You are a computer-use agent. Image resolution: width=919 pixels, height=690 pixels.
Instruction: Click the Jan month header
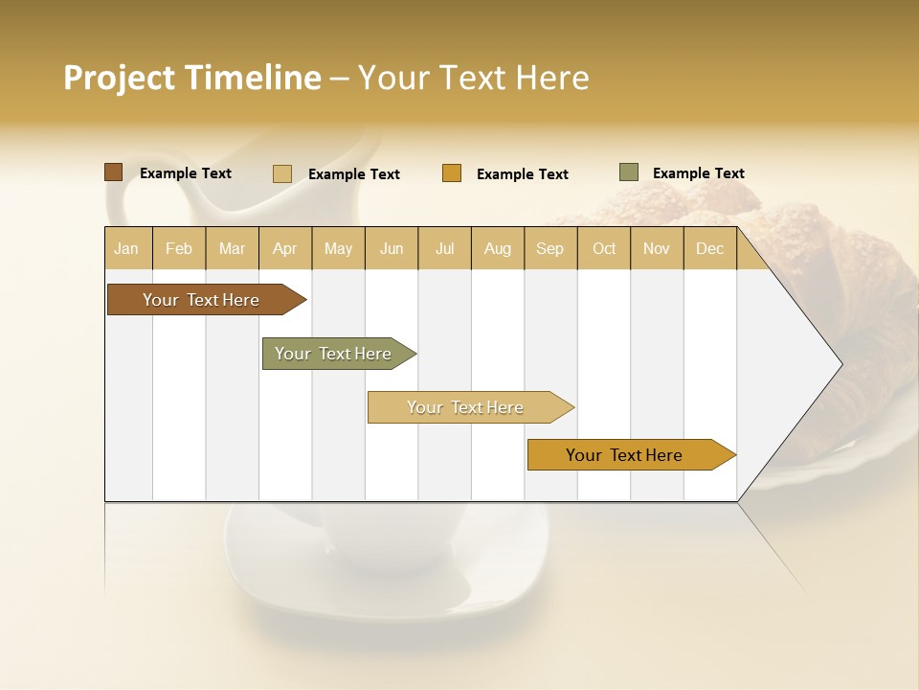[x=126, y=248]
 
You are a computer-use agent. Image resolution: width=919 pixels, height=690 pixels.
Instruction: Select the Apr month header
[x=285, y=248]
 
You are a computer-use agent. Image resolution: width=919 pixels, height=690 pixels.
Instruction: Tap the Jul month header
[x=444, y=248]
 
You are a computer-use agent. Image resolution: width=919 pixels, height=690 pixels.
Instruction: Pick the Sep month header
[x=549, y=248]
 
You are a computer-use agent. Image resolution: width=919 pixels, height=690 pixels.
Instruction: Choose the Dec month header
[x=709, y=248]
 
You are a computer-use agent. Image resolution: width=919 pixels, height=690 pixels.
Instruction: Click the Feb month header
[x=179, y=248]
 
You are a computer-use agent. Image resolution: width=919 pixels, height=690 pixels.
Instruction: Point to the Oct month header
[x=604, y=248]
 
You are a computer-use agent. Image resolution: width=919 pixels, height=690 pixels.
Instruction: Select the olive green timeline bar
[x=334, y=354]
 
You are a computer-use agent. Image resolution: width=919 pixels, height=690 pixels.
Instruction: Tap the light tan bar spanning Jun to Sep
[x=466, y=407]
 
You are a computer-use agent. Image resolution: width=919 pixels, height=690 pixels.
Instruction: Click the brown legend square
[x=114, y=172]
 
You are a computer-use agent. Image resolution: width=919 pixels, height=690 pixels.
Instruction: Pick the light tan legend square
[x=282, y=173]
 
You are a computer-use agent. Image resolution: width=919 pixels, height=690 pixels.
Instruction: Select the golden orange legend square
[x=452, y=173]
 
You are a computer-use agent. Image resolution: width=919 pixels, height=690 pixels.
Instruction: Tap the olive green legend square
[x=629, y=172]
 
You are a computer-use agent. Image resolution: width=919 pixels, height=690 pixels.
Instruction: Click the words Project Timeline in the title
[x=192, y=78]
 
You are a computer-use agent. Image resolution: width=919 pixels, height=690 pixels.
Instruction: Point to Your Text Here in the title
[x=473, y=78]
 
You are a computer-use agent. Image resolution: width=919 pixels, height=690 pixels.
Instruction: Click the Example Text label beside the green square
[x=698, y=173]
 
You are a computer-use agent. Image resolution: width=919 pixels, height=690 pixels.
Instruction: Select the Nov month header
[x=657, y=248]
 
